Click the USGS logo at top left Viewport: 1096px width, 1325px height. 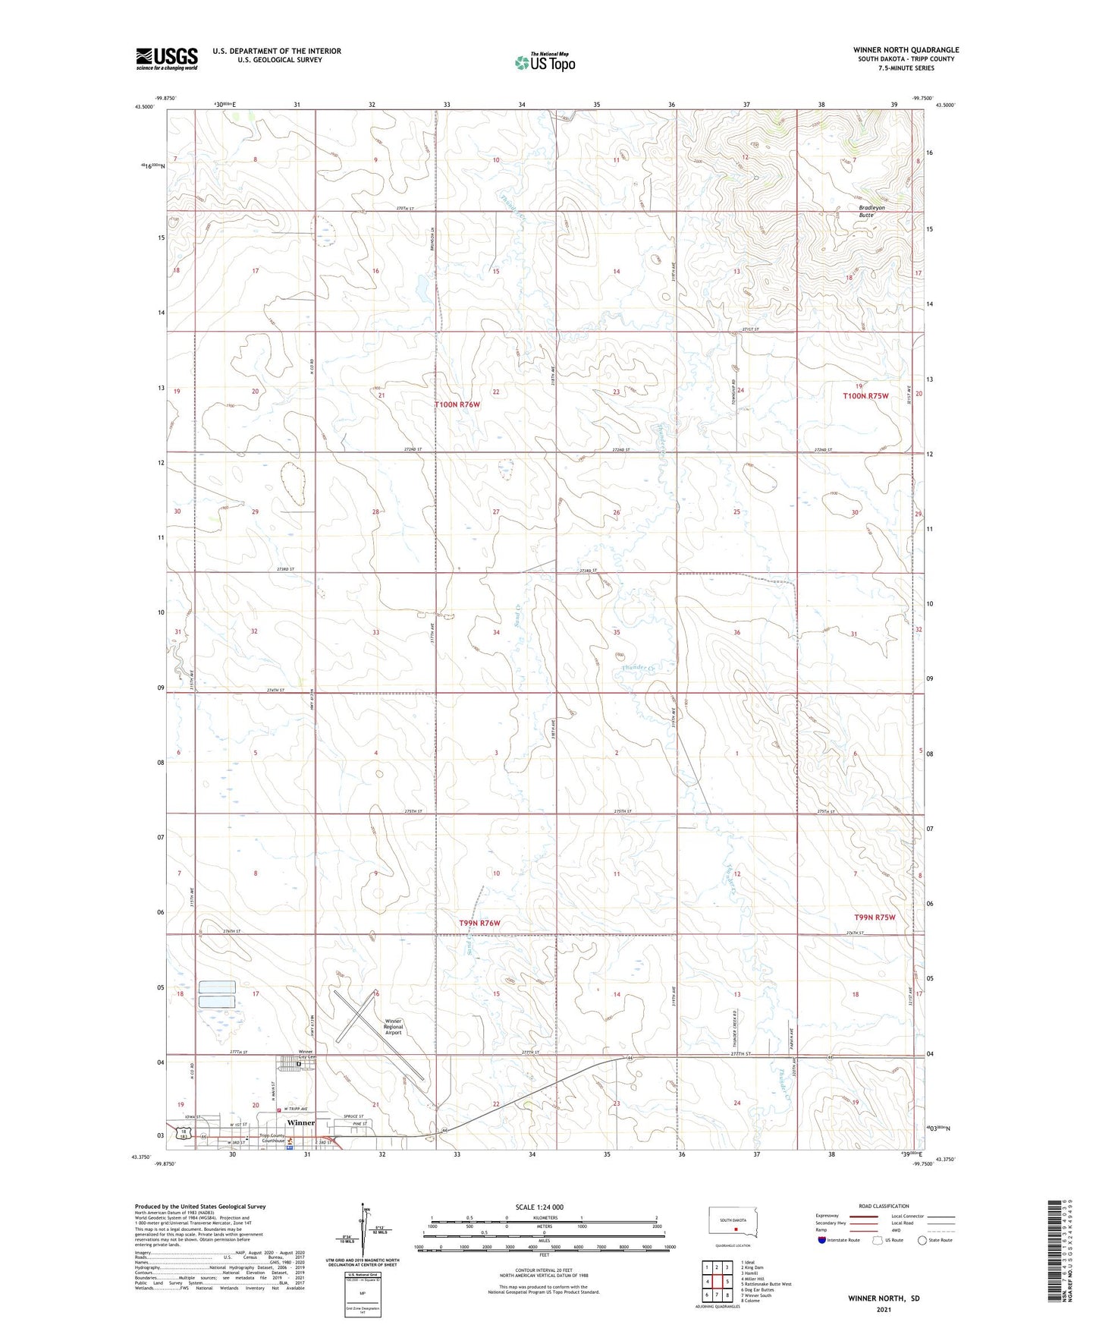pos(167,58)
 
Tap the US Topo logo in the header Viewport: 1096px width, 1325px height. pos(544,62)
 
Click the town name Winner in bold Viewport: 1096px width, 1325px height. pos(300,1122)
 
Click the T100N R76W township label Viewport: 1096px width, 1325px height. pos(457,404)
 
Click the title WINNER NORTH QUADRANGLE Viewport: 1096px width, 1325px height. pos(906,50)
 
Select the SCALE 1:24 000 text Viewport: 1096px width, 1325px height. pos(539,1207)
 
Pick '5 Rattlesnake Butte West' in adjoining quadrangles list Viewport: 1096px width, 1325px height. pos(766,1284)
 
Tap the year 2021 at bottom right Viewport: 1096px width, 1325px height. pos(884,1310)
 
